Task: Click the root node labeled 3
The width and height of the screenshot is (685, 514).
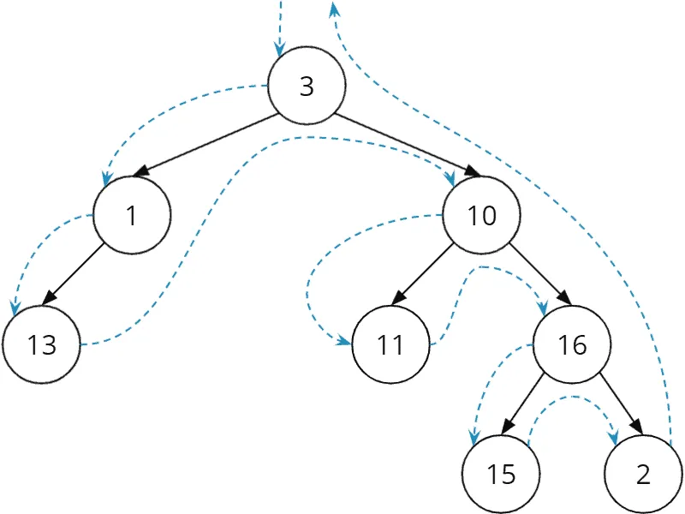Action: click(x=307, y=86)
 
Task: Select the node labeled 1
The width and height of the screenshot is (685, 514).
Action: click(x=132, y=215)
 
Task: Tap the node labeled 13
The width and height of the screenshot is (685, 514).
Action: click(x=41, y=344)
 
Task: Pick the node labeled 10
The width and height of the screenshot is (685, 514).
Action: click(x=481, y=215)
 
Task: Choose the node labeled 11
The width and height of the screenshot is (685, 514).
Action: click(x=390, y=344)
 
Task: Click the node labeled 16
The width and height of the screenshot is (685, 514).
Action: click(x=572, y=344)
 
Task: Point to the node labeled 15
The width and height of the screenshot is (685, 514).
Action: click(x=501, y=474)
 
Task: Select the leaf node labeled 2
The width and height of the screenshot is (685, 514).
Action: click(x=643, y=474)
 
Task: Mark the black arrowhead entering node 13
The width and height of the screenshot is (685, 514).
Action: click(x=50, y=297)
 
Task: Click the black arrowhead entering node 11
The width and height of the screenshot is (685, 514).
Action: click(x=399, y=297)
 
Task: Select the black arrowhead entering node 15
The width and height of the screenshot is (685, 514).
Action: click(x=508, y=426)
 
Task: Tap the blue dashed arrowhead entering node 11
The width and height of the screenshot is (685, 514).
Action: click(x=344, y=341)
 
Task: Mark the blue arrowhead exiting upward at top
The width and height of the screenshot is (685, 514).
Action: click(x=334, y=9)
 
